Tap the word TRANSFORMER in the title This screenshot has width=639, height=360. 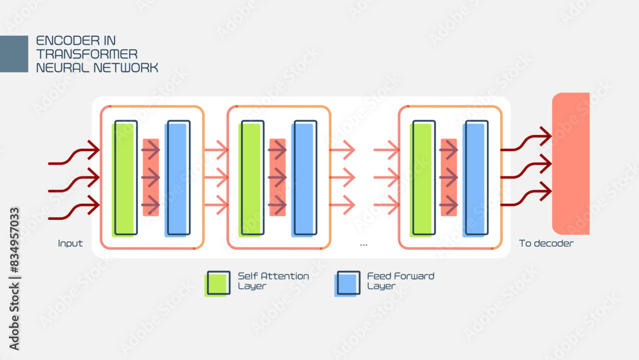(x=87, y=54)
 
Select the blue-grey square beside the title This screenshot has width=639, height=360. (x=14, y=54)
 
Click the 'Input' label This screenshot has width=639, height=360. (x=70, y=244)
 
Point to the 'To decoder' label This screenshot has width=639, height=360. (x=546, y=244)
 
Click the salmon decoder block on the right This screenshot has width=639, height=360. (x=571, y=164)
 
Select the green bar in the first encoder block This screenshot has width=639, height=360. (x=125, y=178)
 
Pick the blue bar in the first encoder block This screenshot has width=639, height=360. (x=177, y=178)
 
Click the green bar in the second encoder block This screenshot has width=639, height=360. (x=251, y=178)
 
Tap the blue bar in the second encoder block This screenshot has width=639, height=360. (x=304, y=178)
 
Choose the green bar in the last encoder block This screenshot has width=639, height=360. (x=422, y=178)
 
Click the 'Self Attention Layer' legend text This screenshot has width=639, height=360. (x=273, y=281)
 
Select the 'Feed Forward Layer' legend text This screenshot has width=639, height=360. (x=400, y=281)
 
